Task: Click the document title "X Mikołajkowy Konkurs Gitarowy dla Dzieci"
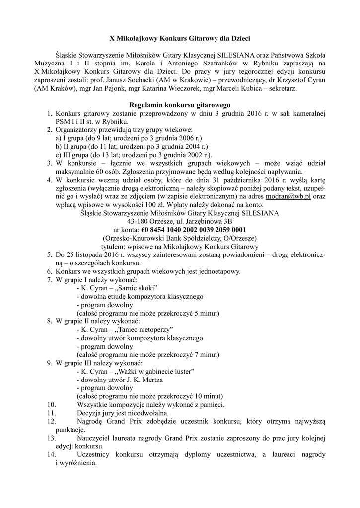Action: point(179,38)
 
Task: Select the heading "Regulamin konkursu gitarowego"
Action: point(179,105)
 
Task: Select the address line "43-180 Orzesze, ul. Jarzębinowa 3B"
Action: point(180,221)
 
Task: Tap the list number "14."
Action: point(51,455)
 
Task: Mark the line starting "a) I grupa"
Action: point(128,138)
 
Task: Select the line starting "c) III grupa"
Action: point(131,155)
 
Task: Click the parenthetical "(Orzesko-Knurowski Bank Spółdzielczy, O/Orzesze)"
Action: point(180,238)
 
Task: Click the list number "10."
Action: point(51,405)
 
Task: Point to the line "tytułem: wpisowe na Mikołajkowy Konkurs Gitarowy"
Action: point(180,247)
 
